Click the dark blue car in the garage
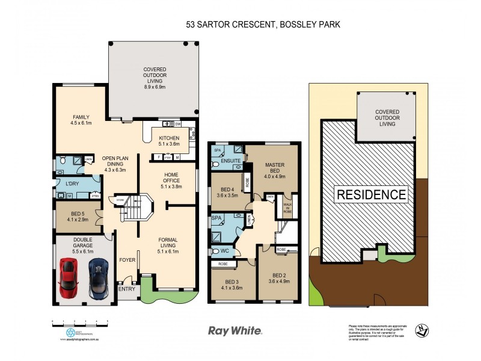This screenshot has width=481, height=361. pyautogui.click(x=97, y=278)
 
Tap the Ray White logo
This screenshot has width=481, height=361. pyautogui.click(x=235, y=330)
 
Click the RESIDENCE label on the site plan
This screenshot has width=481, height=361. pyautogui.click(x=372, y=194)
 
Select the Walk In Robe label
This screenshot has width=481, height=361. pyautogui.click(x=287, y=208)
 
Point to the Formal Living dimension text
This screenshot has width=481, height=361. pyautogui.click(x=168, y=252)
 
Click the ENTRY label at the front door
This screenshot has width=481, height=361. pyautogui.click(x=127, y=289)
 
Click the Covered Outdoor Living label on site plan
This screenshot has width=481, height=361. pyautogui.click(x=387, y=118)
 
